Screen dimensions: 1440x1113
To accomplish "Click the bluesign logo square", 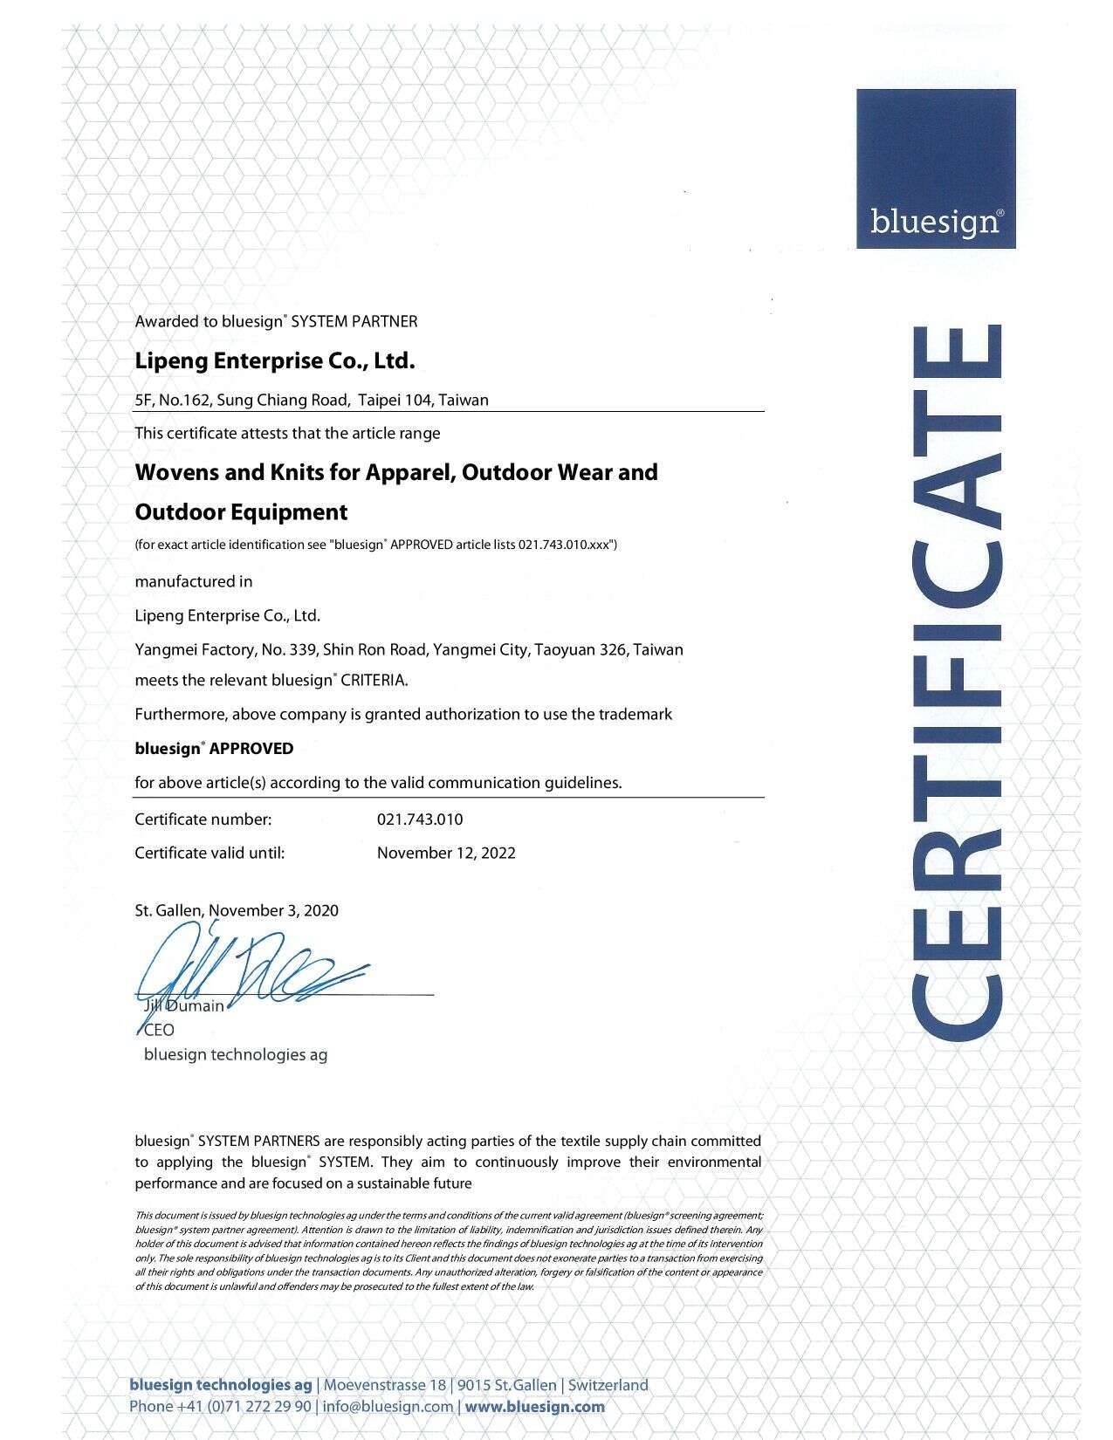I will (x=935, y=168).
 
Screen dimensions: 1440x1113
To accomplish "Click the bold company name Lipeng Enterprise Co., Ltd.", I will (x=274, y=360).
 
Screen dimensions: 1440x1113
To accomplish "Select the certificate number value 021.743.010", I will (x=420, y=819).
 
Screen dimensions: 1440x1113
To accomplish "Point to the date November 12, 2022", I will (x=446, y=853).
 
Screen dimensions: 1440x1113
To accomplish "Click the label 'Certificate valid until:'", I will (x=210, y=853).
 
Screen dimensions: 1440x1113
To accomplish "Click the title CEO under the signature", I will (x=159, y=1030).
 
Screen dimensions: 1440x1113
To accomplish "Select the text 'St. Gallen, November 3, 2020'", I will (x=237, y=910).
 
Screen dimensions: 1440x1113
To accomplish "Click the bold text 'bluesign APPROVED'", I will (x=214, y=749).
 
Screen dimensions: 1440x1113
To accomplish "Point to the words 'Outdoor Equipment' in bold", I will (x=241, y=512).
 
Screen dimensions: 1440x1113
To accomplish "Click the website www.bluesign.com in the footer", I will (x=535, y=1406).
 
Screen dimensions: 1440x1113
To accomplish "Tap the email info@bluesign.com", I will (x=388, y=1406).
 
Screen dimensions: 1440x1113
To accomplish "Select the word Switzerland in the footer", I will (x=609, y=1385).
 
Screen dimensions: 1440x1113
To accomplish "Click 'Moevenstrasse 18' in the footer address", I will (x=385, y=1385).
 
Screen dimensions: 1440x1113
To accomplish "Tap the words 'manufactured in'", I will (x=194, y=581).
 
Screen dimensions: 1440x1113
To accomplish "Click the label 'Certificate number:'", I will (x=203, y=819).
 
